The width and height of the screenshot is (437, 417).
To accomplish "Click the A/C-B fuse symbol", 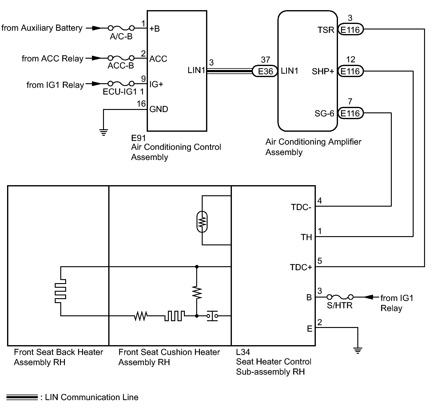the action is (121, 28).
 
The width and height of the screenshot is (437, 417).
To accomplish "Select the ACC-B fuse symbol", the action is (121, 58).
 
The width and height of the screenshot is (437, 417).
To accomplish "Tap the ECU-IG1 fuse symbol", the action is (121, 84).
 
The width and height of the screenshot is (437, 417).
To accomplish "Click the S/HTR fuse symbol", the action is (340, 297).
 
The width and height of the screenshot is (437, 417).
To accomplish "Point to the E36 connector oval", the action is (265, 71).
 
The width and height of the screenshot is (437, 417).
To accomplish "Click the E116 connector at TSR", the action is (350, 29).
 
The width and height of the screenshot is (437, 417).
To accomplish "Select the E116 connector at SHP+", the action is (350, 71).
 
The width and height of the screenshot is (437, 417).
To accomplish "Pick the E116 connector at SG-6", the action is (350, 113).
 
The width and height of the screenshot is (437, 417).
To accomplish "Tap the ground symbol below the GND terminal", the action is (104, 132).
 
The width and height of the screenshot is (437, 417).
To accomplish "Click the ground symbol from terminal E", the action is (358, 350).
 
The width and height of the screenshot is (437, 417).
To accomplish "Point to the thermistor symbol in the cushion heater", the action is (202, 221).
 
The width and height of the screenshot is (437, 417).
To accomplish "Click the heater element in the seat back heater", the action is (60, 291).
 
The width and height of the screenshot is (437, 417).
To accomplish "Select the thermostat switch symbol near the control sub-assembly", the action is (212, 316).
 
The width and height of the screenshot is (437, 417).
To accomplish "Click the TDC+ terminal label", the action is (301, 267).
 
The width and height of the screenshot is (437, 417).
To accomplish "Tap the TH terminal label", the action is (306, 237).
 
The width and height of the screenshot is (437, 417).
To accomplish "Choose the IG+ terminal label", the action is (156, 84).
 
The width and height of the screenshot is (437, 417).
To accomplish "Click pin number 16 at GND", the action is (141, 103).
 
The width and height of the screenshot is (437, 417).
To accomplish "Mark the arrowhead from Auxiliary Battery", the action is (97, 28).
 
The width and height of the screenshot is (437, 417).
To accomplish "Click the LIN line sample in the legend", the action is (22, 397).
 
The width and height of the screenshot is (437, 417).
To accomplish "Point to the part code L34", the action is (243, 352).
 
